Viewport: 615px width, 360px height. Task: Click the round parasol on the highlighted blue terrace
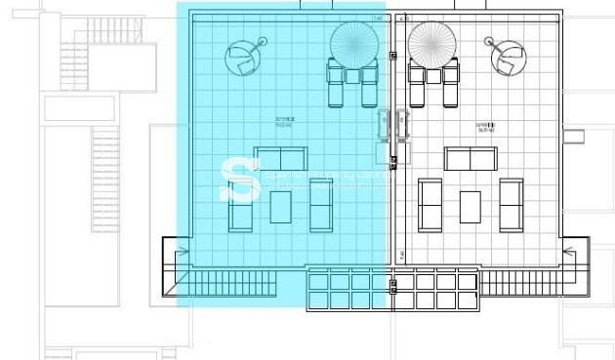pos(353,43)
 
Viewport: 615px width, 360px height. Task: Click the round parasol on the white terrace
pos(430,43)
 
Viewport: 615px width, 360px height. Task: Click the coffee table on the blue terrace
pos(281,206)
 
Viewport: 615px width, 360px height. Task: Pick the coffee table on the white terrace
pos(471,206)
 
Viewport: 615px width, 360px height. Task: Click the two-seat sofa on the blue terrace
pos(280,159)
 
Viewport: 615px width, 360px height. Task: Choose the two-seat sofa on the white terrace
pos(471,159)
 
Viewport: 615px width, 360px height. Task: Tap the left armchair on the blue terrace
pos(240,205)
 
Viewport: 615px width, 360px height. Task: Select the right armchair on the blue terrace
pos(321,205)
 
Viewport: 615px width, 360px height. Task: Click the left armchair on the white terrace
pos(430,205)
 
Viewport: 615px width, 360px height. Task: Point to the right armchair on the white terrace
pos(511,205)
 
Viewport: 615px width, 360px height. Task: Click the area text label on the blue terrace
pos(285,124)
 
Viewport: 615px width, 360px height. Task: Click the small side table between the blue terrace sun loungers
pos(352,75)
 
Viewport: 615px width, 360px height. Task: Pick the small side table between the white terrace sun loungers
pos(430,74)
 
